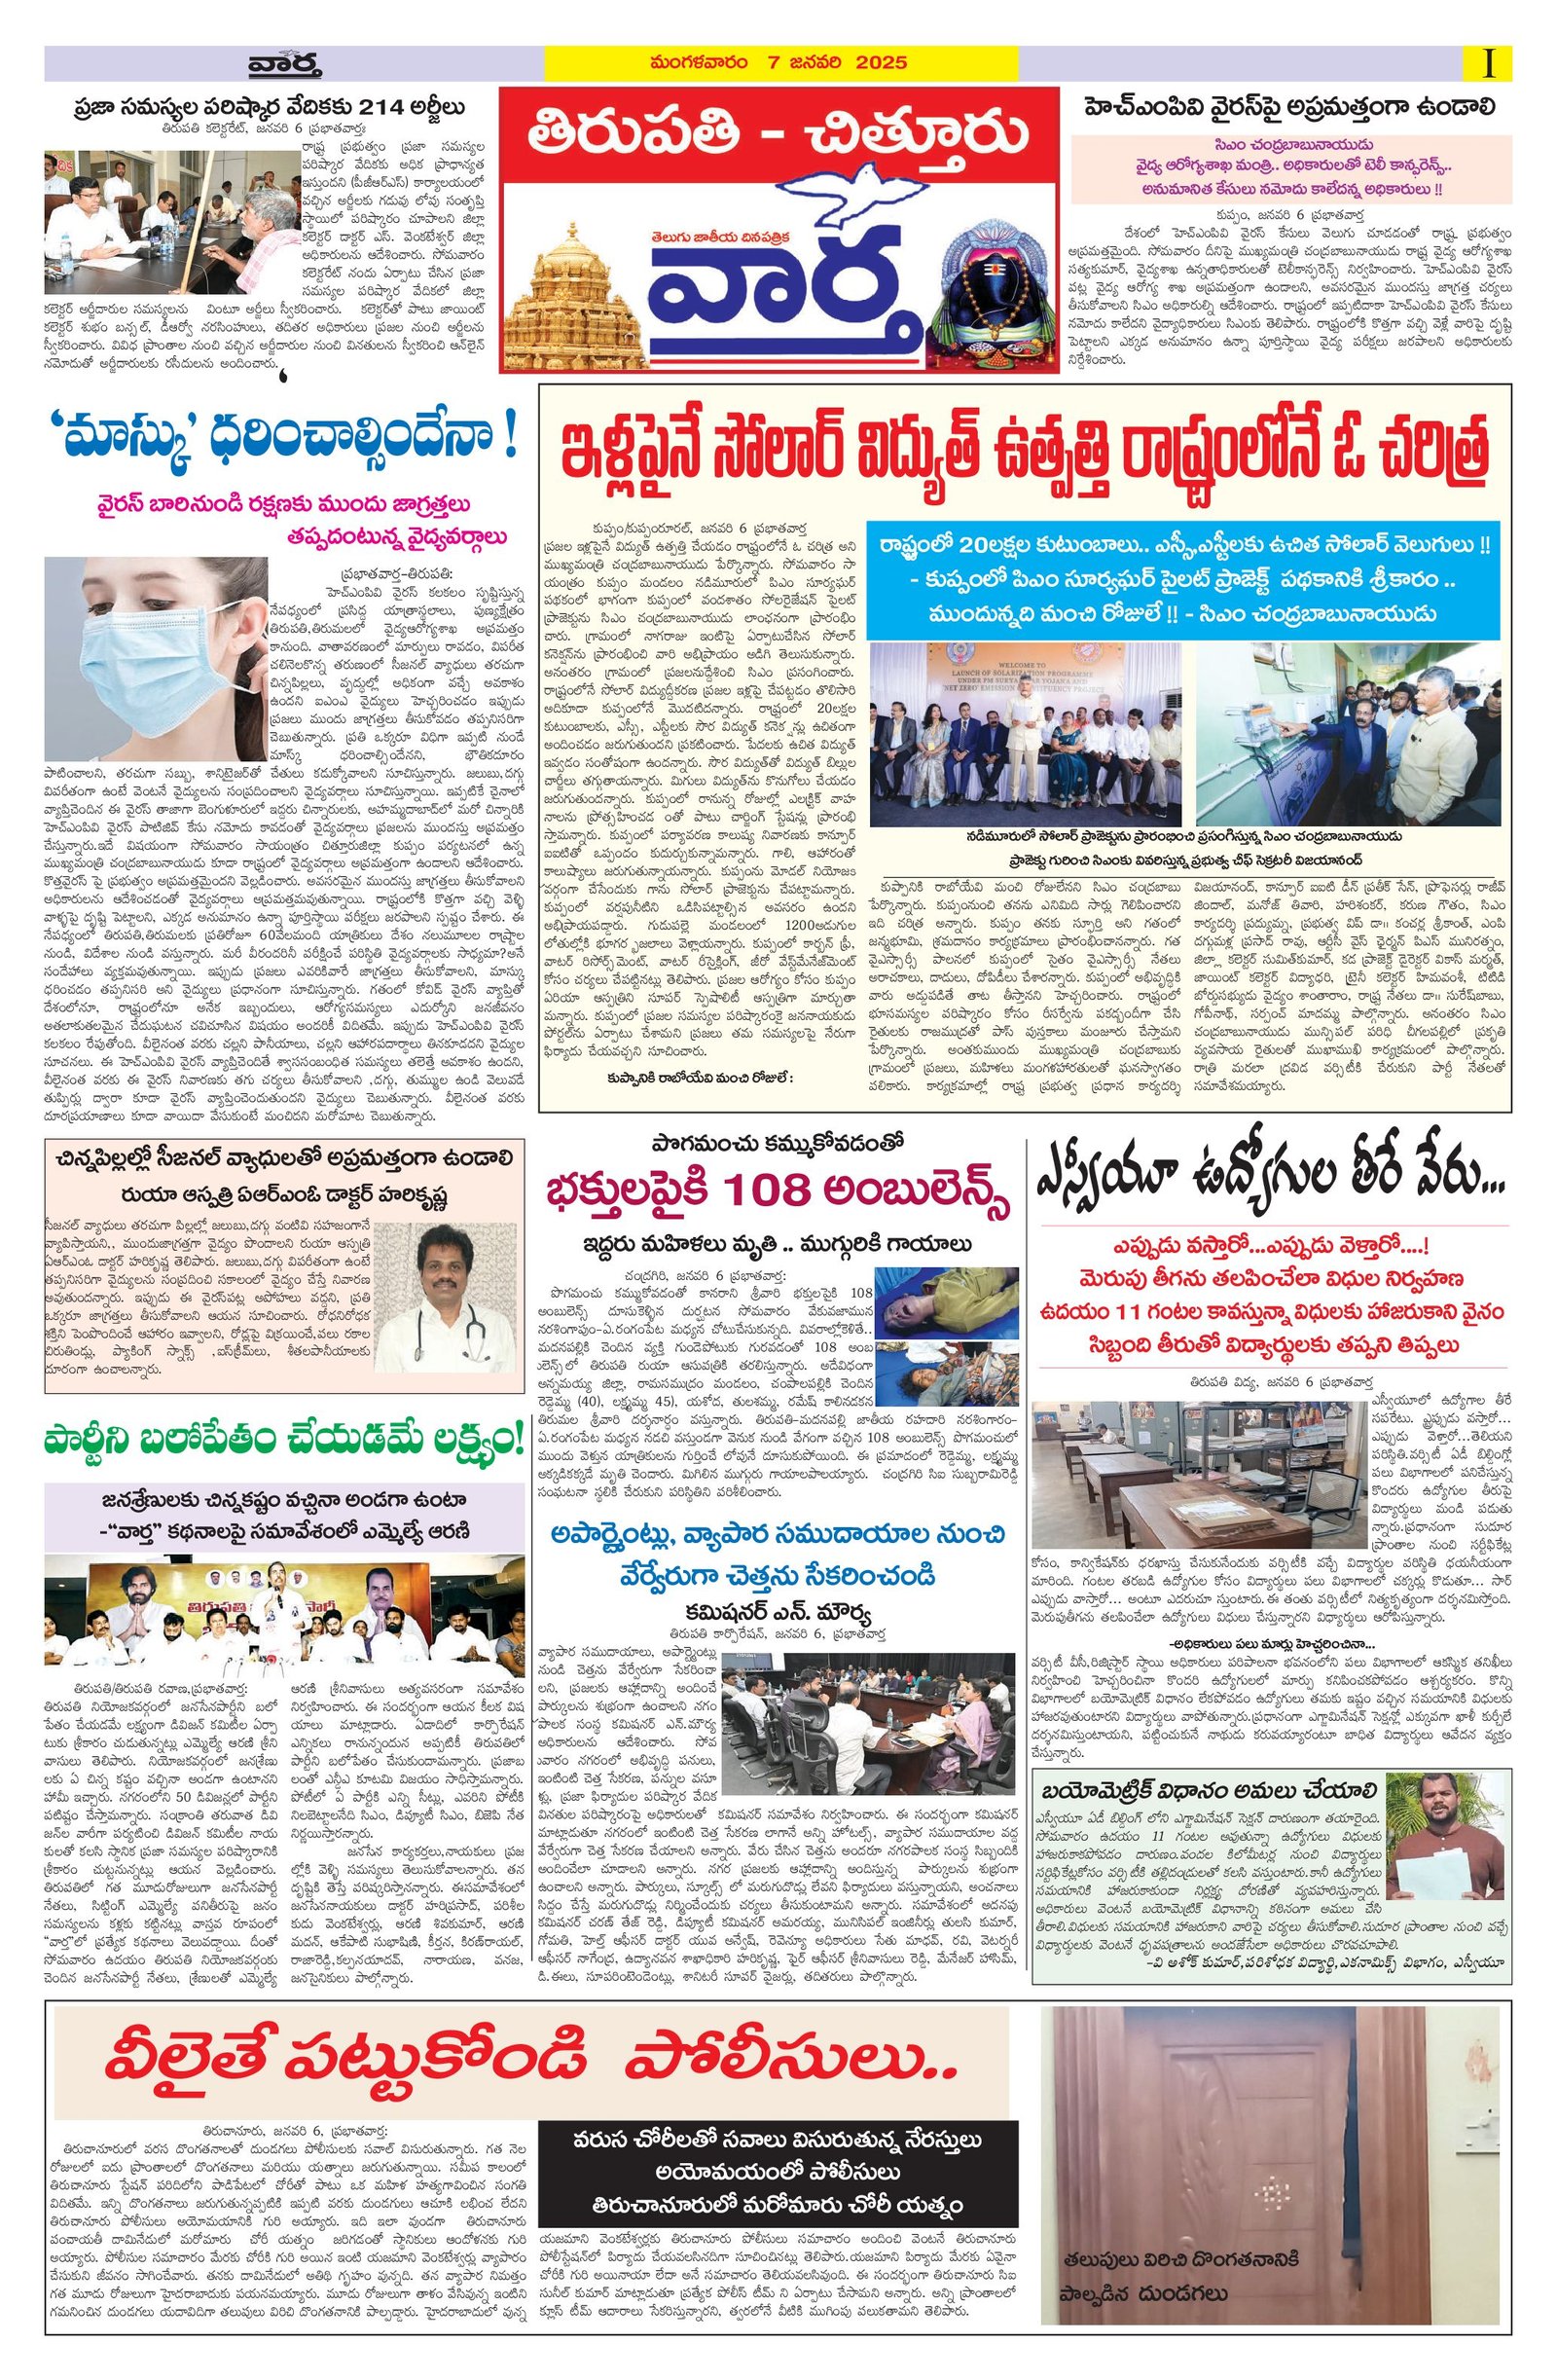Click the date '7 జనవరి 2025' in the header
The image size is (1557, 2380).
(x=848, y=63)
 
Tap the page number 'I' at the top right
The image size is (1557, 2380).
(x=1489, y=63)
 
